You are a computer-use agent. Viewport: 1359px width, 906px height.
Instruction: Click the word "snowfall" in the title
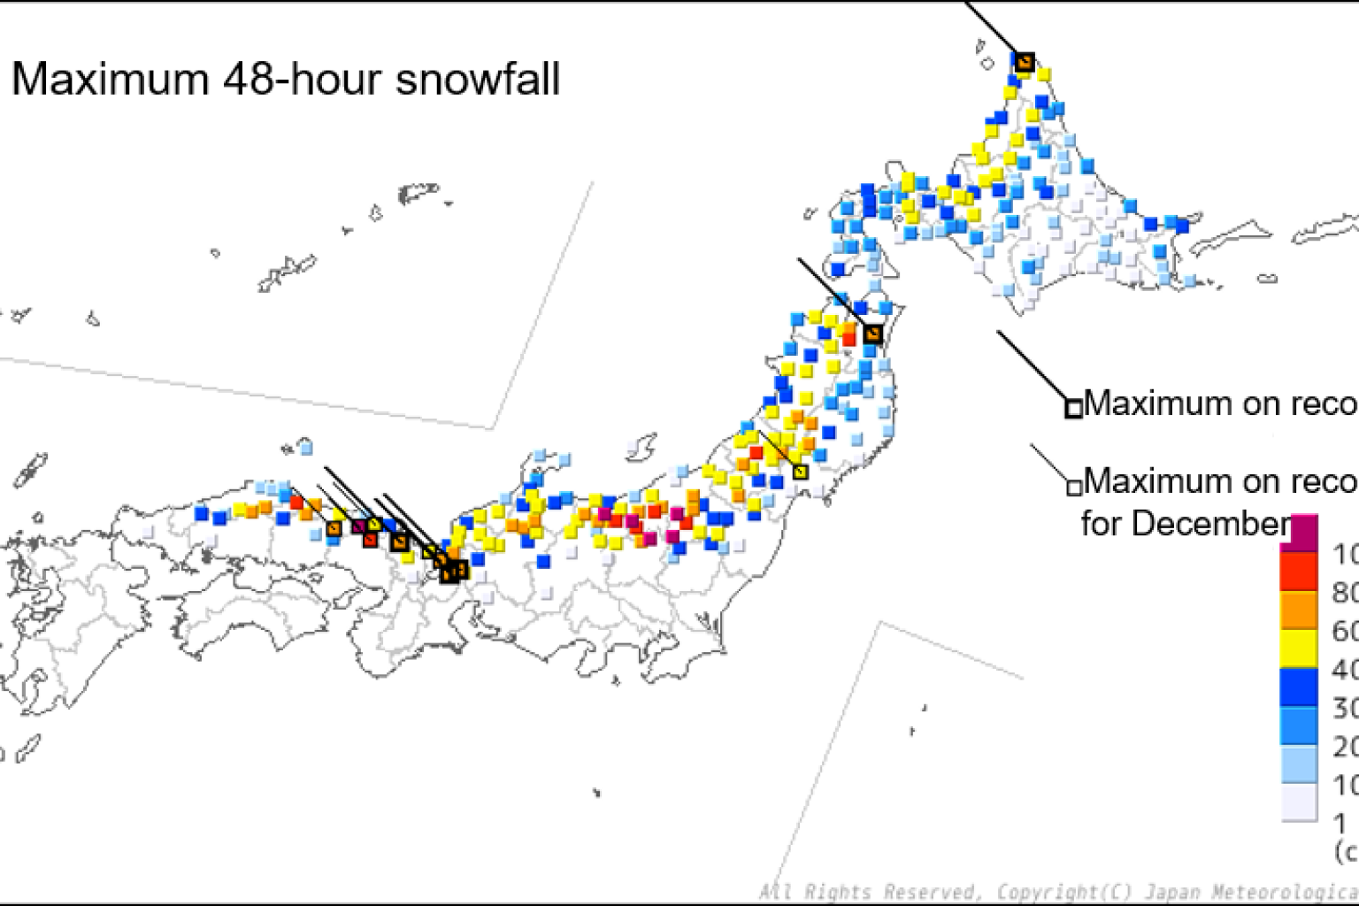[477, 80]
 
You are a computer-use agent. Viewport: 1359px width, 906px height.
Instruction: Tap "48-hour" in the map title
[302, 80]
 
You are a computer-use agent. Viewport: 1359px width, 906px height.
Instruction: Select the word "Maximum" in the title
[110, 80]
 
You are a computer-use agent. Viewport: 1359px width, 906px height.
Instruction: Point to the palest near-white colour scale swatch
[1298, 803]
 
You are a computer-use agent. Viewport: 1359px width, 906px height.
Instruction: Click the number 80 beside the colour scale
[1345, 592]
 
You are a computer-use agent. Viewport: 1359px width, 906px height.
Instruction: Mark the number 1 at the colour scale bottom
[1340, 823]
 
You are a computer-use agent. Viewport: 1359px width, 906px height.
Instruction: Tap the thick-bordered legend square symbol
[1073, 408]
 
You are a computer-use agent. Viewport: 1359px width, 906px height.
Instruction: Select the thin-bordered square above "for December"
[1074, 487]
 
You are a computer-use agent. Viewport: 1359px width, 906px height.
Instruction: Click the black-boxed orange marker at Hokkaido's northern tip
[1025, 62]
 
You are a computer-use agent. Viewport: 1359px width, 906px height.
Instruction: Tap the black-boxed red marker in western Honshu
[371, 539]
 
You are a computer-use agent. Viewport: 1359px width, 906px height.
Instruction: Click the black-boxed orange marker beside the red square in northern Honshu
[873, 334]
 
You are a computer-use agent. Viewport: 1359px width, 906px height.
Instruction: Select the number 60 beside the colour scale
[1345, 631]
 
